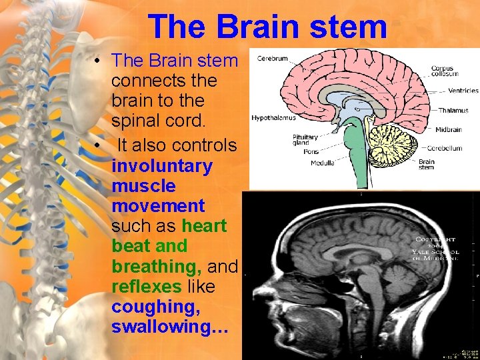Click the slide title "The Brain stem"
(268, 27)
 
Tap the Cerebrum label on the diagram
(273, 59)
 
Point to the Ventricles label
(463, 91)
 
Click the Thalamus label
(453, 111)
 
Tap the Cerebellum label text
(445, 148)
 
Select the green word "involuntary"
(162, 165)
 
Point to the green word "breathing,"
(157, 267)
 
